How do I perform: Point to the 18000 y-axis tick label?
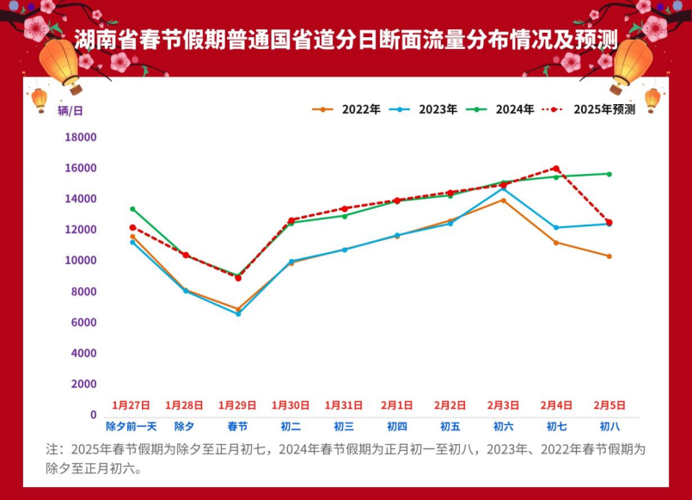[81, 138]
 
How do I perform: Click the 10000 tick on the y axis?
[81, 261]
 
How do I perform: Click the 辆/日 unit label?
[70, 110]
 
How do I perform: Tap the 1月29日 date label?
[237, 404]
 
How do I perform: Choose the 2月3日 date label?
[503, 404]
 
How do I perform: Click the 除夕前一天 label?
[132, 426]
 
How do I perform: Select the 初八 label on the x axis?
[609, 426]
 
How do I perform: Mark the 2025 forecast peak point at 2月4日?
[556, 169]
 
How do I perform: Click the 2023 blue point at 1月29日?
[238, 313]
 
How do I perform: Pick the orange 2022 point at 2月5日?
[609, 256]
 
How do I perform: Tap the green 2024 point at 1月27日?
[132, 209]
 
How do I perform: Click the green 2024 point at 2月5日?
[609, 174]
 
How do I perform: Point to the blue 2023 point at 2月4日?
[556, 227]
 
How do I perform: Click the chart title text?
[346, 39]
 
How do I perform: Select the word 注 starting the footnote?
[52, 449]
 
